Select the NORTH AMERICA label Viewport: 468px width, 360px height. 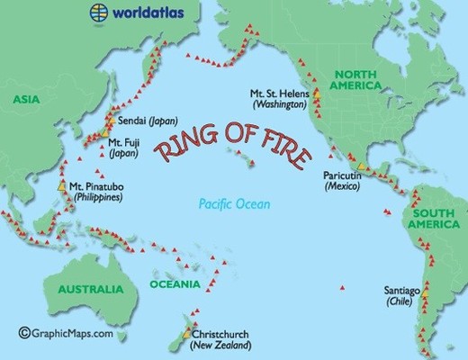365,80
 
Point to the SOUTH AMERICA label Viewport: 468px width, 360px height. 438,220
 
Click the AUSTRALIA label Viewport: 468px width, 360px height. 89,289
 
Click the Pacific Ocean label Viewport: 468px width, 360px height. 234,204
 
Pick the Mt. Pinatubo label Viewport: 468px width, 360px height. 96,190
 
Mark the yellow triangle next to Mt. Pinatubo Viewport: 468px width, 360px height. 61,185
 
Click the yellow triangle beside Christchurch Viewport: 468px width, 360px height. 187,334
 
